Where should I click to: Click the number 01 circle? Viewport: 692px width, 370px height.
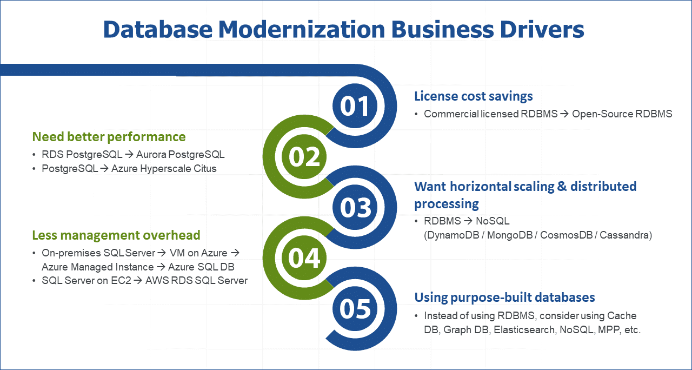point(355,106)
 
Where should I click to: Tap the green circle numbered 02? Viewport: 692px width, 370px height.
point(304,156)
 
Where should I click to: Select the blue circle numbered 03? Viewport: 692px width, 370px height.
point(355,207)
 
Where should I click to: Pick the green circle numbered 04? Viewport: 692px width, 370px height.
point(304,258)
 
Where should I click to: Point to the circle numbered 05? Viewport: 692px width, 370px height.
point(355,308)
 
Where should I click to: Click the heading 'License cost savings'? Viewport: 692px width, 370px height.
point(473,96)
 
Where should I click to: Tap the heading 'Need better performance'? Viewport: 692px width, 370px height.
point(109,137)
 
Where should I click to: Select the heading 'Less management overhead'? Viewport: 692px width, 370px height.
point(116,235)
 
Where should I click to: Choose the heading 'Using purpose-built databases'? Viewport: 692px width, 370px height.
point(504,298)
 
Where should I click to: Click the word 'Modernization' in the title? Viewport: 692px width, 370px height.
point(302,29)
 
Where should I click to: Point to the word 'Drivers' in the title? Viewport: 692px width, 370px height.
point(542,29)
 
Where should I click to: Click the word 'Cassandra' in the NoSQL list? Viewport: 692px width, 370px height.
point(626,235)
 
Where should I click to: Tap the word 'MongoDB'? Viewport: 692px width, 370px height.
point(510,235)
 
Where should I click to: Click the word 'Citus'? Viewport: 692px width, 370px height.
point(205,169)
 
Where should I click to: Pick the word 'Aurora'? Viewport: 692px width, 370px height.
point(151,155)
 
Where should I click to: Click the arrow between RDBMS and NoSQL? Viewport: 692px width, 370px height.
point(468,221)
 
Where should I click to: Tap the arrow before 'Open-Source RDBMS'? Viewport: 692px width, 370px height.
point(564,114)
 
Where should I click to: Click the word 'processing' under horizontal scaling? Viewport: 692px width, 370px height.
point(447,204)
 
